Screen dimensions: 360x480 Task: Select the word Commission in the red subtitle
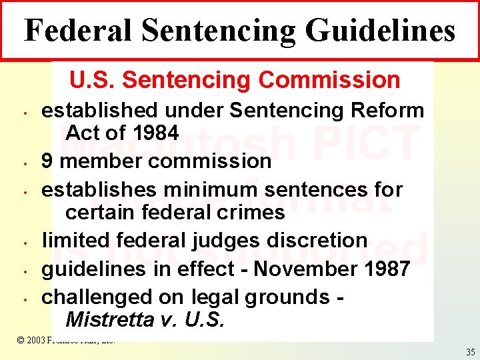tap(329, 80)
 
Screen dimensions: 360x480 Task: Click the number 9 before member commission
tap(47, 161)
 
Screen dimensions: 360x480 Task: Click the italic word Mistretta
tap(111, 320)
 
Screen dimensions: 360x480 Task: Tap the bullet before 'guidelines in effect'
tap(23, 271)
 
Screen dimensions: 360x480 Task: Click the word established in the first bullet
tap(99, 109)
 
